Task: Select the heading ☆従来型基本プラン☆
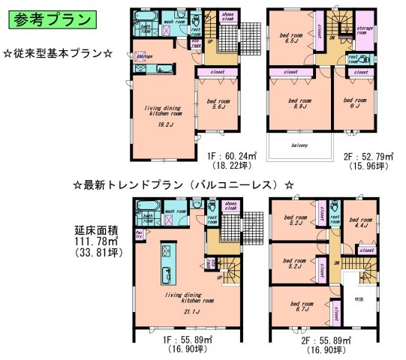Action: click(58, 55)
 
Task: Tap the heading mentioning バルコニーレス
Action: click(183, 184)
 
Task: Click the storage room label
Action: click(365, 31)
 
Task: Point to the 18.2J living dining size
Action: click(162, 124)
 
